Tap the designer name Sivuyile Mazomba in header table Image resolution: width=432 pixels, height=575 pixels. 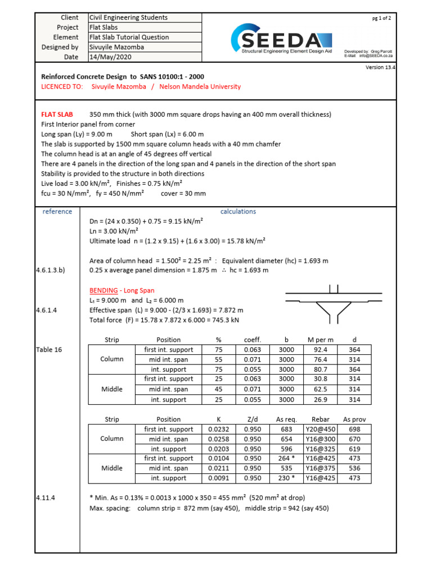pyautogui.click(x=116, y=47)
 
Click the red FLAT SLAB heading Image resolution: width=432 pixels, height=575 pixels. pyautogui.click(x=57, y=115)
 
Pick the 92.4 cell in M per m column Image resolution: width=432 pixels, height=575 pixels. pyautogui.click(x=319, y=350)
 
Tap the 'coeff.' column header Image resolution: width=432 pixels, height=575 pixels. pyautogui.click(x=251, y=340)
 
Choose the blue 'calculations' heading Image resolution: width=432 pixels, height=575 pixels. pyautogui.click(x=238, y=212)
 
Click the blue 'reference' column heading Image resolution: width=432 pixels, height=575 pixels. pyautogui.click(x=57, y=212)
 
